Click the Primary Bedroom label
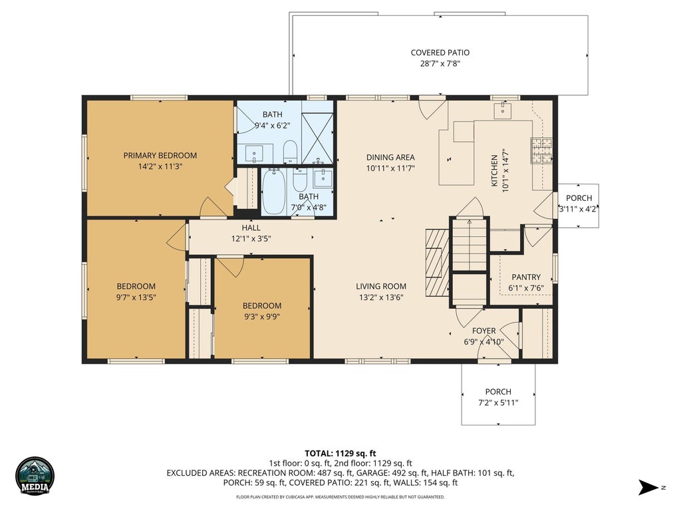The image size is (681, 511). click(x=160, y=156)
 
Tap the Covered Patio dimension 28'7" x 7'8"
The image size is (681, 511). click(x=440, y=64)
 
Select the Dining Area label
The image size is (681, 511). click(x=390, y=157)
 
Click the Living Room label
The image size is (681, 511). click(x=381, y=286)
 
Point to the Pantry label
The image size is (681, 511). click(x=526, y=277)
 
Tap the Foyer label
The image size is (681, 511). click(x=484, y=331)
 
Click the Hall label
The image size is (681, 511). click(x=251, y=228)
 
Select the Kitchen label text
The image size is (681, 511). click(x=494, y=171)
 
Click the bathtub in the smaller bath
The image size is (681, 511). click(x=273, y=192)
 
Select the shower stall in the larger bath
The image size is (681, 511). click(x=317, y=138)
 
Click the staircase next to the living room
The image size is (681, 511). click(x=470, y=245)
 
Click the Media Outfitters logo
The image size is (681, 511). click(x=35, y=476)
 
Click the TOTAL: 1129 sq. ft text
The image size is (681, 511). click(x=340, y=454)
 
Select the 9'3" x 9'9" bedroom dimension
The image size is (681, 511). click(x=261, y=317)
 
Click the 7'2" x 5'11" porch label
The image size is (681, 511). click(x=498, y=403)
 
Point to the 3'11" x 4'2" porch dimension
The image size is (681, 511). click(x=579, y=208)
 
